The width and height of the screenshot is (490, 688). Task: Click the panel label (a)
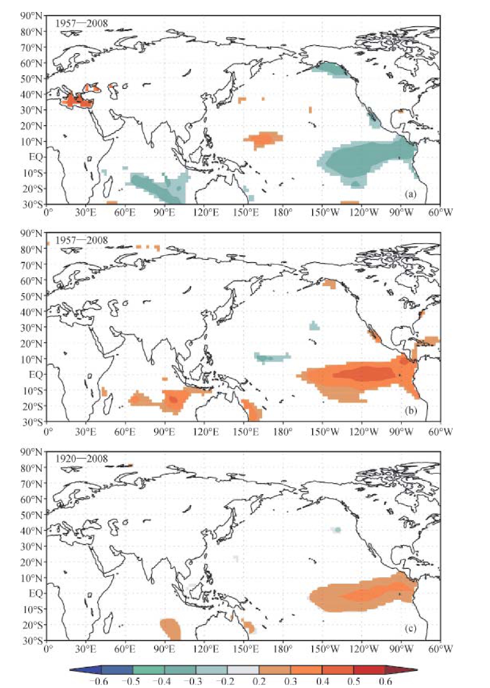pos(411,195)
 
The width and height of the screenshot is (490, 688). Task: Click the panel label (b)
pos(411,411)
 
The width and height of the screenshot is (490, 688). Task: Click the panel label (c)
pos(411,629)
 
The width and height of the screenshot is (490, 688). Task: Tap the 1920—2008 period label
pos(82,458)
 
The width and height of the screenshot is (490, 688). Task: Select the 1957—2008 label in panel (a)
pos(82,23)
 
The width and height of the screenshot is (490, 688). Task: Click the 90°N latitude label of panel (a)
pos(32,15)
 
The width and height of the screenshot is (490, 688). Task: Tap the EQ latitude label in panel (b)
pos(35,375)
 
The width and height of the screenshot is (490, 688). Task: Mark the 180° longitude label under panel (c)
pos(283,649)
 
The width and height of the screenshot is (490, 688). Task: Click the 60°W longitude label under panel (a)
pos(440,212)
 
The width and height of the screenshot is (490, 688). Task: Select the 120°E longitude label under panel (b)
pos(206,431)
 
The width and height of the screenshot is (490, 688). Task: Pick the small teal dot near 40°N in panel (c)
pos(338,530)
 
